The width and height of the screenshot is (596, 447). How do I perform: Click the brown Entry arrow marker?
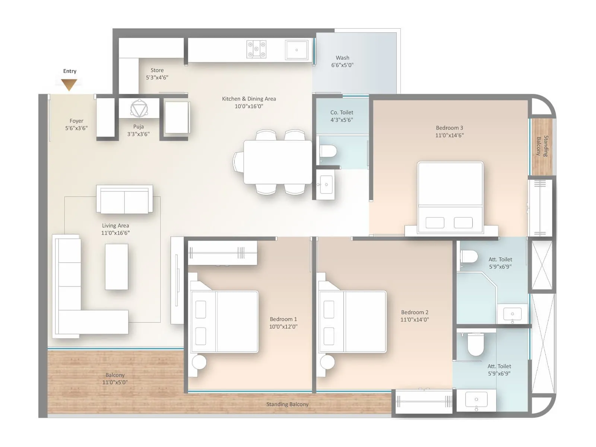tap(69, 85)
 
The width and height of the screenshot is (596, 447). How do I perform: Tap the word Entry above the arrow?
tap(70, 71)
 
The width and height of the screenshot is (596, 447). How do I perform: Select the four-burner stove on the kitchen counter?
tap(256, 50)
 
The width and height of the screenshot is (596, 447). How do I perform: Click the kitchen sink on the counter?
tap(297, 50)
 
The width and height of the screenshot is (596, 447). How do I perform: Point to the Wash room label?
tap(342, 58)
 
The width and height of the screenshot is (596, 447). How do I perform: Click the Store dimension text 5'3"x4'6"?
tap(157, 77)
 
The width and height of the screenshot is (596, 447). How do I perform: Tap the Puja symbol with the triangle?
tap(139, 108)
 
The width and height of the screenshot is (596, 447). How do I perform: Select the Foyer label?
tap(76, 121)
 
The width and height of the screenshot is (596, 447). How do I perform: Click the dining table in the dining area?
tap(278, 162)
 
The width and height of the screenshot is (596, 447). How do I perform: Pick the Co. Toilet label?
tap(342, 112)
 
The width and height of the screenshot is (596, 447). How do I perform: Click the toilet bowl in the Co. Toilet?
tap(328, 151)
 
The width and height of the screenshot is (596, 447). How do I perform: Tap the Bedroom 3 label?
tap(449, 128)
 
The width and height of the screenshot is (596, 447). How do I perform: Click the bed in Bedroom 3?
tap(450, 197)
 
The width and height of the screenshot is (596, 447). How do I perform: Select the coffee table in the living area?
tap(117, 267)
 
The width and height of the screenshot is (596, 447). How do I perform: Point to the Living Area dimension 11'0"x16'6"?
tap(115, 233)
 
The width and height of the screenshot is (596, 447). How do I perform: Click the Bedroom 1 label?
tap(283, 319)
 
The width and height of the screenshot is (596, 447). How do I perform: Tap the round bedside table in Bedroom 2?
tap(327, 361)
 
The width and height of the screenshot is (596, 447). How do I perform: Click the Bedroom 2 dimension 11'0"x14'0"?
tap(415, 320)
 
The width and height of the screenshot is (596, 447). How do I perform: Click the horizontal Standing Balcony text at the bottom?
tap(287, 404)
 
